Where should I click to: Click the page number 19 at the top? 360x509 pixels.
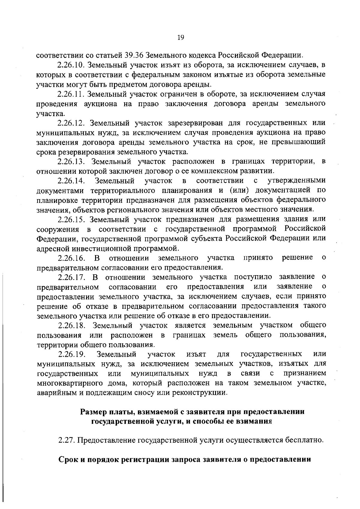click(180, 38)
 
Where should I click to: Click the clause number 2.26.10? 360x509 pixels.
click(72, 65)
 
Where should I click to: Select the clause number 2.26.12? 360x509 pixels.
click(72, 123)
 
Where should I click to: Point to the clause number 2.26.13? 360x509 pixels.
click(72, 162)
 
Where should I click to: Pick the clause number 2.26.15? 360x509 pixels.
click(72, 219)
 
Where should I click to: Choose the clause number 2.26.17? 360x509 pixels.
click(72, 277)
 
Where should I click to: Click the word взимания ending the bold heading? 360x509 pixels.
click(254, 421)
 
